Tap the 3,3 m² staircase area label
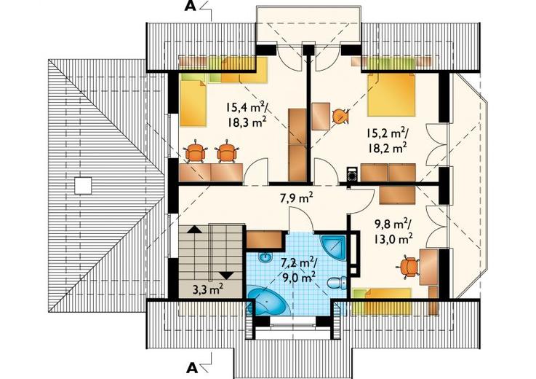(x=208, y=290)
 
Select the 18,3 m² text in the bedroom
(x=247, y=122)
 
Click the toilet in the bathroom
(x=337, y=283)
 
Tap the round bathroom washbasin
(x=265, y=257)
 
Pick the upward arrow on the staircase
(x=194, y=230)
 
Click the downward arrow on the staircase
(x=227, y=275)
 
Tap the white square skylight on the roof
(x=83, y=186)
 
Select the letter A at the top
(x=191, y=6)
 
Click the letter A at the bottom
(x=192, y=368)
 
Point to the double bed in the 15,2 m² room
(x=391, y=95)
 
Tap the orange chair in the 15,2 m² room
(x=340, y=116)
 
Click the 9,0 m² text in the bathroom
(x=300, y=276)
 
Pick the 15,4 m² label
(x=246, y=106)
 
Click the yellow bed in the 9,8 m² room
(x=382, y=297)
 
